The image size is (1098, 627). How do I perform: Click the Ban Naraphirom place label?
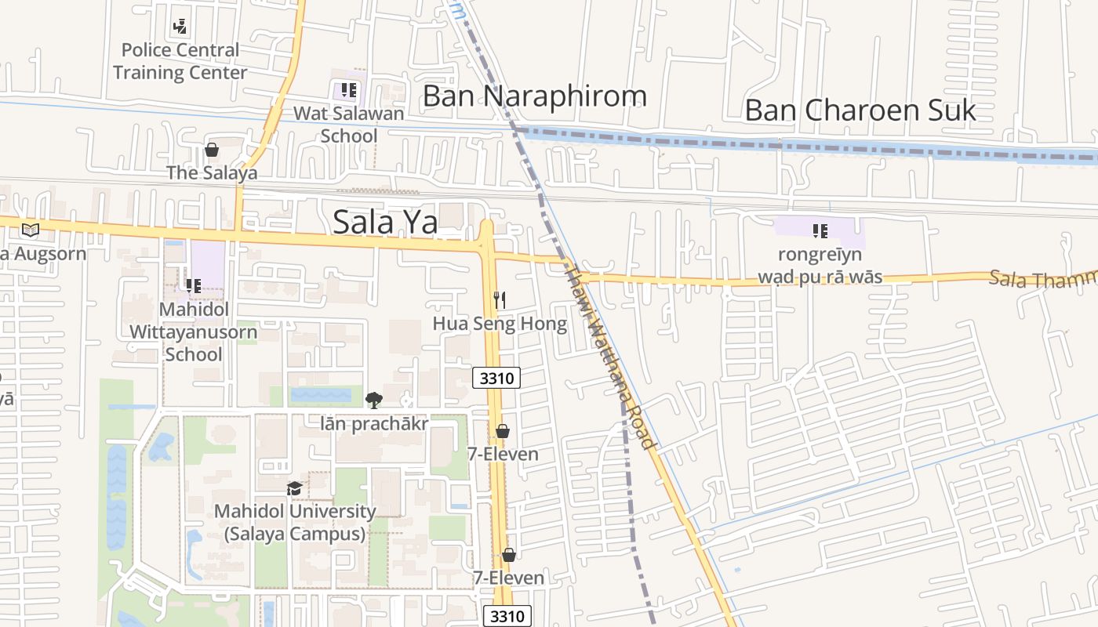tap(535, 96)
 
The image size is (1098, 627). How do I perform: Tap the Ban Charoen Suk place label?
tap(860, 111)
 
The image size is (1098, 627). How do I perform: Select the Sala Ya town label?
tap(385, 222)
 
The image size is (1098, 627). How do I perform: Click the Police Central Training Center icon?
tap(180, 27)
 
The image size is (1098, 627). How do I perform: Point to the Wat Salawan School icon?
tap(348, 90)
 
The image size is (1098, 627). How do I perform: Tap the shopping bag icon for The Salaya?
tap(211, 150)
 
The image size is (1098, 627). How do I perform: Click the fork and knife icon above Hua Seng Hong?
tap(500, 299)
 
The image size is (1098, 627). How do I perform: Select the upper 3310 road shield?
tap(496, 379)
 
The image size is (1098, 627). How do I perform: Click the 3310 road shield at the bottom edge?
tap(507, 616)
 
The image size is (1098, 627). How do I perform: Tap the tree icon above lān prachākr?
tap(374, 400)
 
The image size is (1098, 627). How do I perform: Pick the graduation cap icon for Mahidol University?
tap(294, 488)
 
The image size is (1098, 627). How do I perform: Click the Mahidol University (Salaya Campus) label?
tap(295, 523)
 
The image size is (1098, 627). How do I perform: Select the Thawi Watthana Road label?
tap(610, 359)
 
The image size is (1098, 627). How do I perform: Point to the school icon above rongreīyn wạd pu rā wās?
tap(820, 231)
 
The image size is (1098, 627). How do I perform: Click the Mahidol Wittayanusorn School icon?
tap(193, 286)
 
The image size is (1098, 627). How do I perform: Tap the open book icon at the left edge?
tap(30, 230)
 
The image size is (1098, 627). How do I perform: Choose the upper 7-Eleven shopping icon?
tap(503, 431)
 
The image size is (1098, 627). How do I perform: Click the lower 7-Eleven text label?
tap(508, 578)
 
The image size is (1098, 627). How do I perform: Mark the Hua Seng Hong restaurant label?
tap(500, 324)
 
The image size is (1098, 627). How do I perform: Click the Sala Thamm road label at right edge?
tap(1042, 279)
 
